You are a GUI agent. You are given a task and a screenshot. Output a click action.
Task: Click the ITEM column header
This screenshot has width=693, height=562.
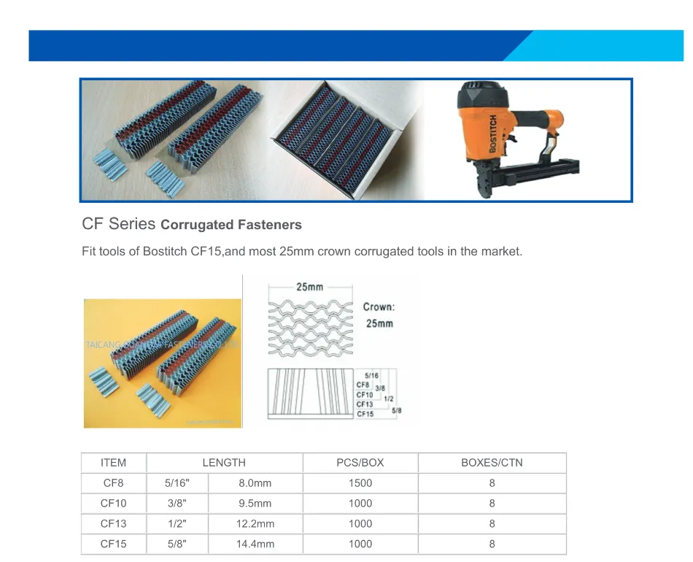pyautogui.click(x=113, y=463)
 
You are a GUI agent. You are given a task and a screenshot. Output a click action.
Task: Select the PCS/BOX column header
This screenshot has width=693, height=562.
pyautogui.click(x=360, y=463)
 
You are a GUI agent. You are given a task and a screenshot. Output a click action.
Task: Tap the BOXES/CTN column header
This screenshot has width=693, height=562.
pyautogui.click(x=492, y=463)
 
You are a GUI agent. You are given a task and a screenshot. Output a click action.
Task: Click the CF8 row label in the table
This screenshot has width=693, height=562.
pyautogui.click(x=113, y=483)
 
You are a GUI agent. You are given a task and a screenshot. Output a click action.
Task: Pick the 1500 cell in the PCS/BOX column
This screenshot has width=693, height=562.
pyautogui.click(x=360, y=483)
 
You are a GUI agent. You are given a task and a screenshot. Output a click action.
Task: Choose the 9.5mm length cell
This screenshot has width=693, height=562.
pyautogui.click(x=255, y=504)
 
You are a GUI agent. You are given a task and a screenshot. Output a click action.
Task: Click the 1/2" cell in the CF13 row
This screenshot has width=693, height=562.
pyautogui.click(x=177, y=524)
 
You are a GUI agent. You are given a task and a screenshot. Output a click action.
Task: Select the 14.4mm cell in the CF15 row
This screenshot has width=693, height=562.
pyautogui.click(x=255, y=544)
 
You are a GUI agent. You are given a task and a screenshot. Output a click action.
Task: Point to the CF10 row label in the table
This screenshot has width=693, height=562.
pyautogui.click(x=113, y=504)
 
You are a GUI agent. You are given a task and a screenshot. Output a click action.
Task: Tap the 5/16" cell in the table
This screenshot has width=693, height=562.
pyautogui.click(x=177, y=483)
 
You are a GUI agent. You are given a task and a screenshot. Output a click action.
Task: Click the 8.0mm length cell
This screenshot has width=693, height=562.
pyautogui.click(x=255, y=483)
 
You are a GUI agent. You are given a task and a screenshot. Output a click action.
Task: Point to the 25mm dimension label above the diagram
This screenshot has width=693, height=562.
pyautogui.click(x=309, y=287)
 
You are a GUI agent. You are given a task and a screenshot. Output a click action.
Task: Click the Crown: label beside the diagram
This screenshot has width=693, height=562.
pyautogui.click(x=379, y=307)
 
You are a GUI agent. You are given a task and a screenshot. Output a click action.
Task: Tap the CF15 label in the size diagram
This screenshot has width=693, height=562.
pyautogui.click(x=365, y=414)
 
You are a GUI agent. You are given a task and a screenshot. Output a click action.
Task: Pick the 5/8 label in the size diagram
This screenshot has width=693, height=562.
pyautogui.click(x=396, y=412)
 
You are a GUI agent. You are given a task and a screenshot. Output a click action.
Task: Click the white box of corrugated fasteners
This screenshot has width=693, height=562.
pyautogui.click(x=343, y=139)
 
